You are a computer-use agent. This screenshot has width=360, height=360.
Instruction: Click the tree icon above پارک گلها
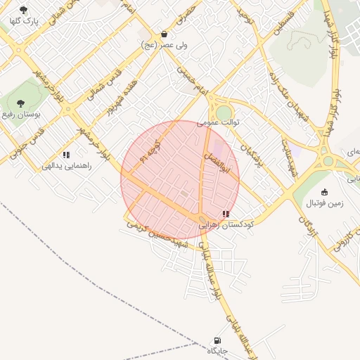[24, 10]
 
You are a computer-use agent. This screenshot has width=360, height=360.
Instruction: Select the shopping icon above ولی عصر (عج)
[164, 33]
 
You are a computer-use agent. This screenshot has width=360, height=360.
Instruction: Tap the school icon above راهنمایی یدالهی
[66, 155]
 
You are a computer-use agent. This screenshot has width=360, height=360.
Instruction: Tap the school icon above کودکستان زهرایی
[226, 214]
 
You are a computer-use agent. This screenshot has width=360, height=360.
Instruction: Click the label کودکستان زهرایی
[226, 226]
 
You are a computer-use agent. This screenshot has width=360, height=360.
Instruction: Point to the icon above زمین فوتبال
[324, 192]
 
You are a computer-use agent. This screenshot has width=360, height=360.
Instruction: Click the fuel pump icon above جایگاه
[217, 340]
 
